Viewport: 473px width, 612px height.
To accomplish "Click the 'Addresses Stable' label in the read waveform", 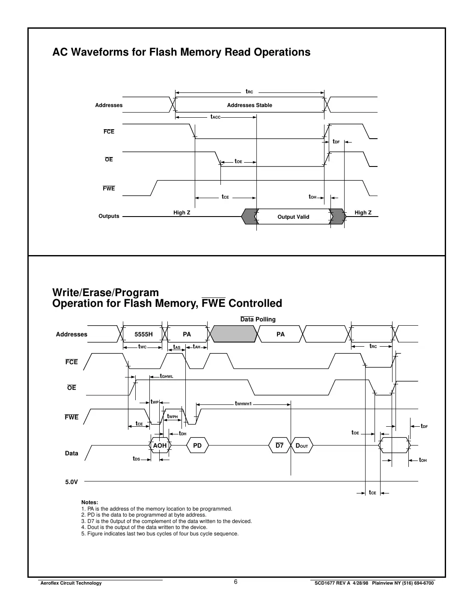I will pos(249,105).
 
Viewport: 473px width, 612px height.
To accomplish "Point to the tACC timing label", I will pos(215,117).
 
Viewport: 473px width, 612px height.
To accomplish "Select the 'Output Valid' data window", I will pos(293,217).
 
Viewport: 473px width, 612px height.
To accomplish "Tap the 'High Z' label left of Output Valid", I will pos(182,213).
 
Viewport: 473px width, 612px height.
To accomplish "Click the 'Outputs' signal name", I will pos(109,216).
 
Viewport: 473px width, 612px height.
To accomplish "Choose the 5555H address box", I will pos(143,334).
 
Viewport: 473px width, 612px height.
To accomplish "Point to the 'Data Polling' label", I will pos(258,319).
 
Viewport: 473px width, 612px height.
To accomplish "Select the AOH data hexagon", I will pos(160,446).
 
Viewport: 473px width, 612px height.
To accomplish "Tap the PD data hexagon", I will pos(197,446).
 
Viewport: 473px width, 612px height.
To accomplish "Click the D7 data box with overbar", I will pos(279,446).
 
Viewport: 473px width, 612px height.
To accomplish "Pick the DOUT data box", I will pos(302,446).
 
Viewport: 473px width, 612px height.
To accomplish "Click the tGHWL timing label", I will pos(166,377).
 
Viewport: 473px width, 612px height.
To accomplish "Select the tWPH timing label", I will pos(172,416).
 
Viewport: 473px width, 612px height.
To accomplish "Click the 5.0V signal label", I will pos(71,482).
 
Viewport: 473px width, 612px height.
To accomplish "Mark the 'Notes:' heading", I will pos(89,502).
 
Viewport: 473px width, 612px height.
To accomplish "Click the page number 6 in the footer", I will pos(236,582).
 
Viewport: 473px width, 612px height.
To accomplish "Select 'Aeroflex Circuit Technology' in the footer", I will pos(70,583).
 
